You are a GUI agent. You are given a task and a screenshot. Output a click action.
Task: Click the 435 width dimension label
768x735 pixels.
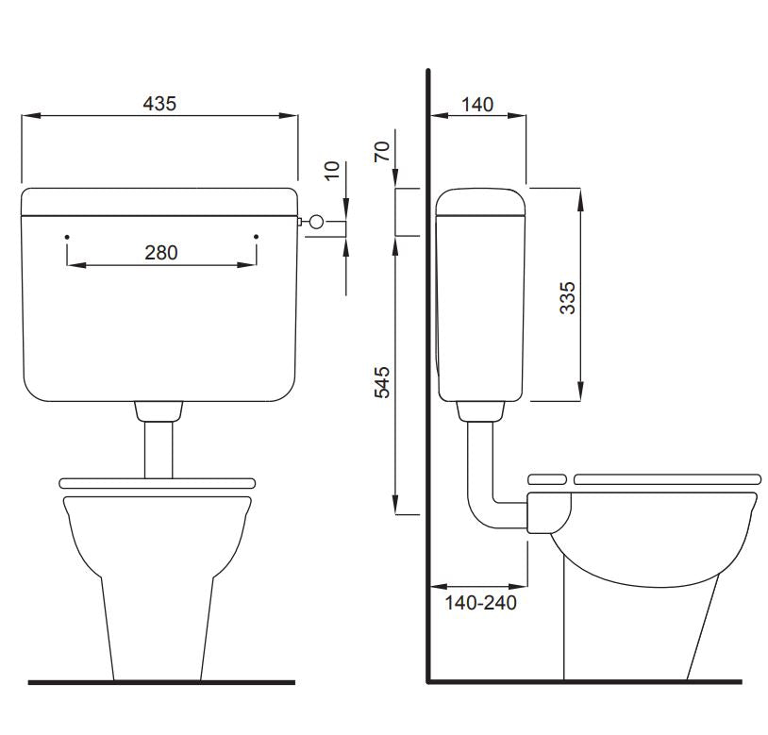159,104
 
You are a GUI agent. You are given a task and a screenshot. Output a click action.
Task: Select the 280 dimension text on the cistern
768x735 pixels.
160,252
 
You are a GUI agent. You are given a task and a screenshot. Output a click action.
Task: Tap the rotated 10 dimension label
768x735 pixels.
330,170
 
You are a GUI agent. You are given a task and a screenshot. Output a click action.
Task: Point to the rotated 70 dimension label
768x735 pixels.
382,152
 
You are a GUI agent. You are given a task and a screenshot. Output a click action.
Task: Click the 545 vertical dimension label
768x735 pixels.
382,381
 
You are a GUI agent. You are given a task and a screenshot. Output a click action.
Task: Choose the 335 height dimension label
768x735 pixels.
566,297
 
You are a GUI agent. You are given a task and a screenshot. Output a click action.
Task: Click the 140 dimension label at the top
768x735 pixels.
478,104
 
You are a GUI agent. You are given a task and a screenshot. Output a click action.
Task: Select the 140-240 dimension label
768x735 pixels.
481,603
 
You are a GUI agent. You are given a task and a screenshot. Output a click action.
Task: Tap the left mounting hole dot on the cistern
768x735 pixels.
67,236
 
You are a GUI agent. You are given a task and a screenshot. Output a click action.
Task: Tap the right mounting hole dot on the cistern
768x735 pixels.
257,236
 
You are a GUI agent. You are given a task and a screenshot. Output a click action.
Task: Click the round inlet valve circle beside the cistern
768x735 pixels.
316,223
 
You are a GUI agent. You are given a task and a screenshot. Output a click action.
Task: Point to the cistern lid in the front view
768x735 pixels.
159,201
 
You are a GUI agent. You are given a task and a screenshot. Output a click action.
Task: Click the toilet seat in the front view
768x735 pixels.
158,482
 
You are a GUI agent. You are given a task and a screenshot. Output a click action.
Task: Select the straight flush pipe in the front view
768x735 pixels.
158,448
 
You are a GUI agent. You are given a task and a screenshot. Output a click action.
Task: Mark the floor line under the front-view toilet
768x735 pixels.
160,681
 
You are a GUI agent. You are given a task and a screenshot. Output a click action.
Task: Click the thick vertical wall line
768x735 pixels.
428,377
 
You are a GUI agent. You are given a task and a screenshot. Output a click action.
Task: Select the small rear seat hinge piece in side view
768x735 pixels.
546,478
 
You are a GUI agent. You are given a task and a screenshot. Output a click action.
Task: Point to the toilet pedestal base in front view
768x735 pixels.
157,623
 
